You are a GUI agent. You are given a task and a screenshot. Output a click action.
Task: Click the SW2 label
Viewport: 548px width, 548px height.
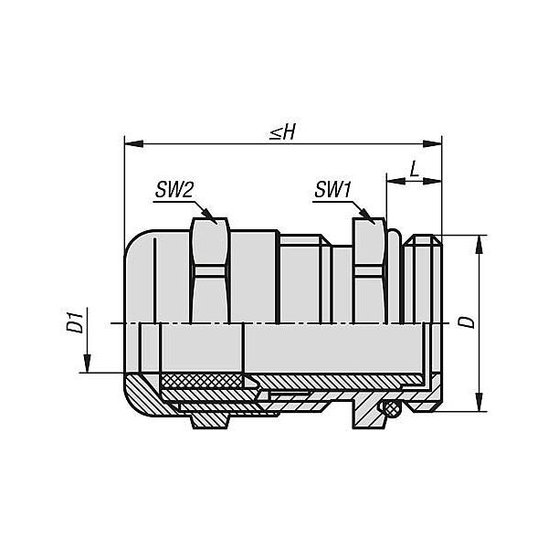coord(174,191)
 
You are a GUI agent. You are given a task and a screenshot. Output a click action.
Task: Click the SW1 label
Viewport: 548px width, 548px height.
coord(332,190)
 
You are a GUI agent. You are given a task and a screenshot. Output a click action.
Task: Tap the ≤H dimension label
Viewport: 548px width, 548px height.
coord(283,132)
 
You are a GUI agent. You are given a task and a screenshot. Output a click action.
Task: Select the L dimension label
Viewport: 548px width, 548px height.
coord(415,169)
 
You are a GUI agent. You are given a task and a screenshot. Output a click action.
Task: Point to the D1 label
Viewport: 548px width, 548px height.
coord(75,321)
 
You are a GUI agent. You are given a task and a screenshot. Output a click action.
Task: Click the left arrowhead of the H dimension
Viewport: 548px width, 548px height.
coord(134,143)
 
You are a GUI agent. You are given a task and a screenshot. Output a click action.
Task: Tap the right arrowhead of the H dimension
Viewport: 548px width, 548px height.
coord(432,143)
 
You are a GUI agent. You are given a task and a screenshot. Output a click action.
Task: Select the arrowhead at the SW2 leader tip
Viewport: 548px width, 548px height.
coord(210,216)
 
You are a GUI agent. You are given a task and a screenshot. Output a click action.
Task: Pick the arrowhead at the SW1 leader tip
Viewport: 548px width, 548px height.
coord(368,216)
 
